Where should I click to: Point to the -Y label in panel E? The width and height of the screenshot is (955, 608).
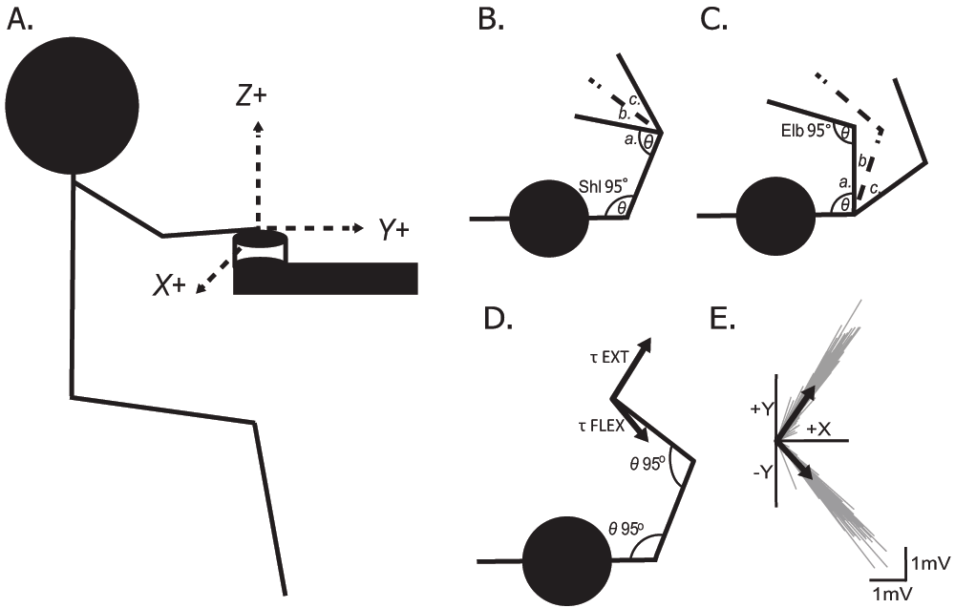coord(759,470)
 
